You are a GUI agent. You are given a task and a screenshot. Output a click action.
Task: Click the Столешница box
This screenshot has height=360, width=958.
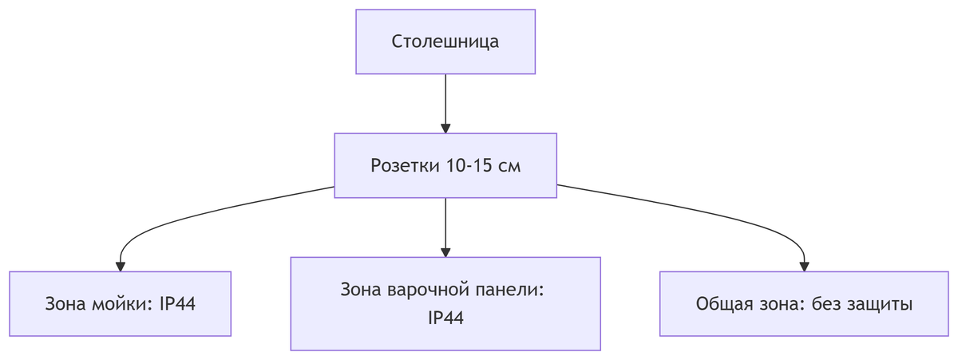(445, 42)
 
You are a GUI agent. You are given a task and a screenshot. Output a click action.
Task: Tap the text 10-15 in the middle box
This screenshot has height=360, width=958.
(465, 166)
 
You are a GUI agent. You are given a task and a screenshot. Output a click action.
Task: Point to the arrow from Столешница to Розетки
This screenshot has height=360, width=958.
(445, 100)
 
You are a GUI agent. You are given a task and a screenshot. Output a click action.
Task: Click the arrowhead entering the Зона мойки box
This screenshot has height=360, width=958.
(120, 266)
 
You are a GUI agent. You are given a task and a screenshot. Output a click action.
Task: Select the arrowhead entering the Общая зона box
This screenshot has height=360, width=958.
(804, 266)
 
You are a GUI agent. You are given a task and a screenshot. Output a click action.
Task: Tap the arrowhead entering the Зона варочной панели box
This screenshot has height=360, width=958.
(445, 251)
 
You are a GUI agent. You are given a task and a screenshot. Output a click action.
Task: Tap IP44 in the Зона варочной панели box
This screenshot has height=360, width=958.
(445, 318)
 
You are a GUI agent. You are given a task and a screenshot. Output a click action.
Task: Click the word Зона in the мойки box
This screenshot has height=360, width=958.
(64, 304)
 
